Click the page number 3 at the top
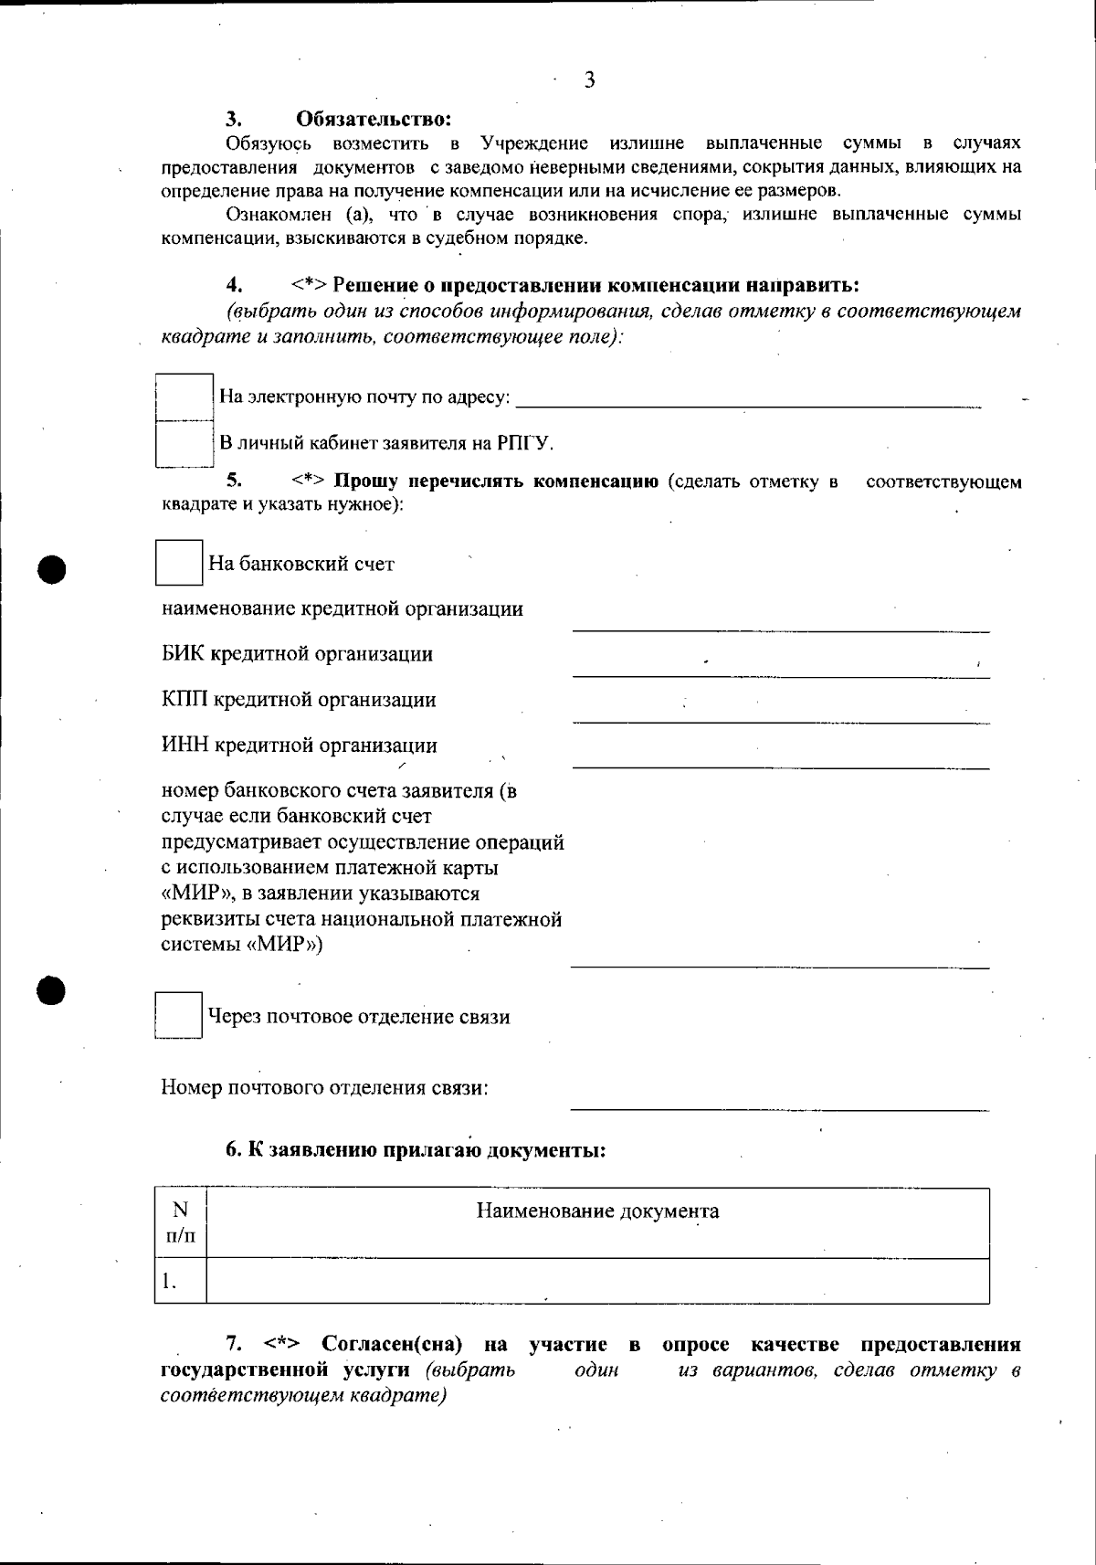click(589, 80)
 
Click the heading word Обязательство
click(374, 119)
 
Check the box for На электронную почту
click(184, 397)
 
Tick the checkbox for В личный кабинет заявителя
click(184, 444)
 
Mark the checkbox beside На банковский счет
click(178, 563)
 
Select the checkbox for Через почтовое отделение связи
click(178, 1015)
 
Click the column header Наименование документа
click(598, 1211)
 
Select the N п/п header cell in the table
click(181, 1222)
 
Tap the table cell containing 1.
click(181, 1281)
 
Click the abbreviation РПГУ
click(525, 444)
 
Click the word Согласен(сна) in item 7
click(392, 1345)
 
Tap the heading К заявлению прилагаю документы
click(416, 1150)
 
